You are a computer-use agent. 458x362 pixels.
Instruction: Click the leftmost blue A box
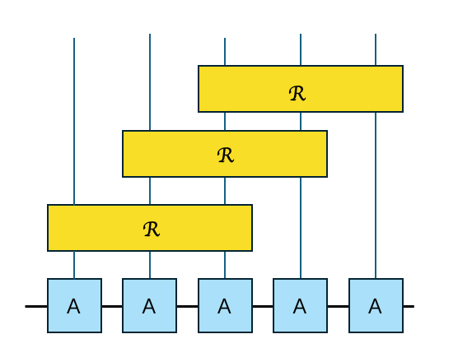[74, 305]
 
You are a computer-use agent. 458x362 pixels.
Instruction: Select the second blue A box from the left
[149, 305]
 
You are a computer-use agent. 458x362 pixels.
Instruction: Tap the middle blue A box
[225, 305]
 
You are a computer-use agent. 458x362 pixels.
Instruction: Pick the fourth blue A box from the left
[300, 305]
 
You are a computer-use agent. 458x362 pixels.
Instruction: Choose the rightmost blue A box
[376, 305]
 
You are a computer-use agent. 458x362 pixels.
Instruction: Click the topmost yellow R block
[301, 89]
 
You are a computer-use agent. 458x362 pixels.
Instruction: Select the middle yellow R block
[225, 154]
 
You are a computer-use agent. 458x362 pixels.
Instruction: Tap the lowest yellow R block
[150, 228]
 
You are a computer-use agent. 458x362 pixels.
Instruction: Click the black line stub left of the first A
[36, 306]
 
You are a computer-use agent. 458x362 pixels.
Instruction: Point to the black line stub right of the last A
[408, 306]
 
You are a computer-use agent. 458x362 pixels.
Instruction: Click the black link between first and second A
[112, 306]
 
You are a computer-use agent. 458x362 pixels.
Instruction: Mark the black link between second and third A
[187, 306]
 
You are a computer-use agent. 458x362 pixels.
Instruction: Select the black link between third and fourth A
[263, 306]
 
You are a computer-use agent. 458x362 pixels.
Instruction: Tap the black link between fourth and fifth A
[338, 306]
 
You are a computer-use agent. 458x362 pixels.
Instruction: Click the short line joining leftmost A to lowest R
[74, 265]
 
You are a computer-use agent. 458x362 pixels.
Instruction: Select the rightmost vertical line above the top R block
[376, 49]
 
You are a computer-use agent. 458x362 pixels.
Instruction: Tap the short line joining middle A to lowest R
[225, 265]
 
